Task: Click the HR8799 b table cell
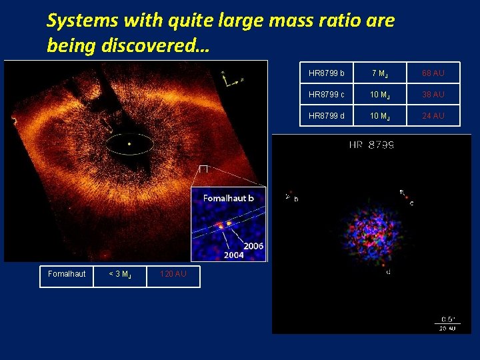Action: click(x=327, y=73)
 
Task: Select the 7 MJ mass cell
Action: click(x=380, y=73)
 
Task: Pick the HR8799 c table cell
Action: click(x=327, y=95)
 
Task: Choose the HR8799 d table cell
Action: click(x=327, y=116)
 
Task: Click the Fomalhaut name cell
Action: click(x=67, y=274)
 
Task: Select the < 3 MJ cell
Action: click(x=120, y=274)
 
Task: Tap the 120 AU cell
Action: click(x=173, y=274)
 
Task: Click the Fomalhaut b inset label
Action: click(x=229, y=199)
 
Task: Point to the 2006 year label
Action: click(x=253, y=246)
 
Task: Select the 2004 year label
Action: click(x=233, y=255)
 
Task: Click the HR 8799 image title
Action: click(x=371, y=145)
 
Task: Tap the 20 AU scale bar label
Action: click(x=447, y=328)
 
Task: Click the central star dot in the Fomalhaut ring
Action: click(x=129, y=143)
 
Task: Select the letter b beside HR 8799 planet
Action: click(x=296, y=199)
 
